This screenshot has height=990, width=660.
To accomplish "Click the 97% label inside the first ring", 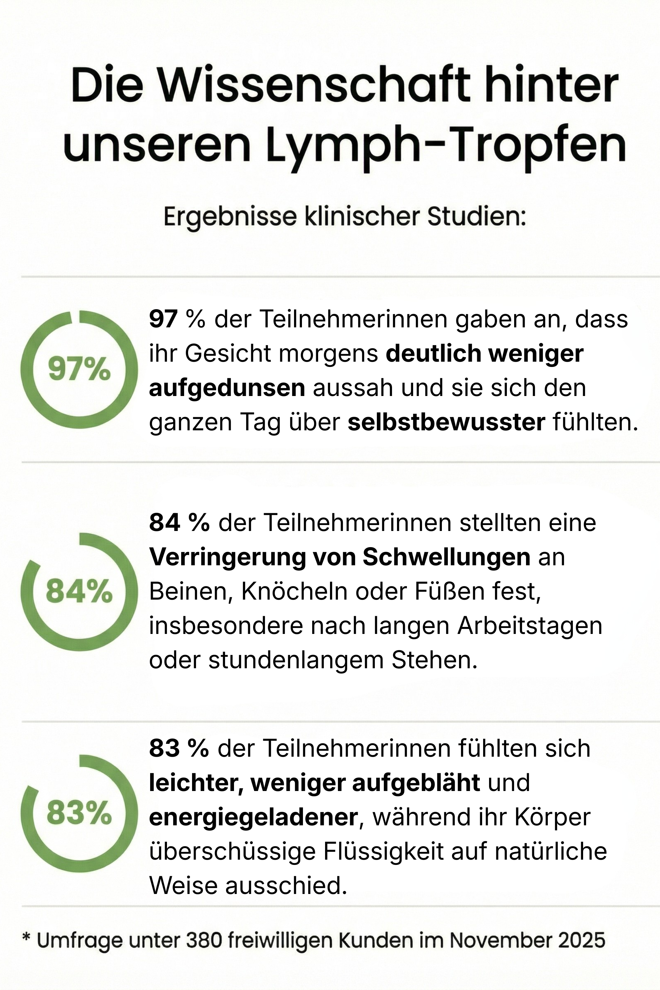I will point(79,370).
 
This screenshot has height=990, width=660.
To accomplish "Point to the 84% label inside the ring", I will point(79,591).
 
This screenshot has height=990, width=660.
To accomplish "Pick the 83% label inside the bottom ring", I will point(79,813).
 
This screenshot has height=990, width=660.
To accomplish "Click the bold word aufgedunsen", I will point(227,388).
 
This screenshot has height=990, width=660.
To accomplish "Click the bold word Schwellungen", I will point(446,557).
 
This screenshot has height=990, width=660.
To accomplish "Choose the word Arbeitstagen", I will point(530,626).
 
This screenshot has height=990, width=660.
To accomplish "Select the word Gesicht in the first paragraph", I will point(227,353).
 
